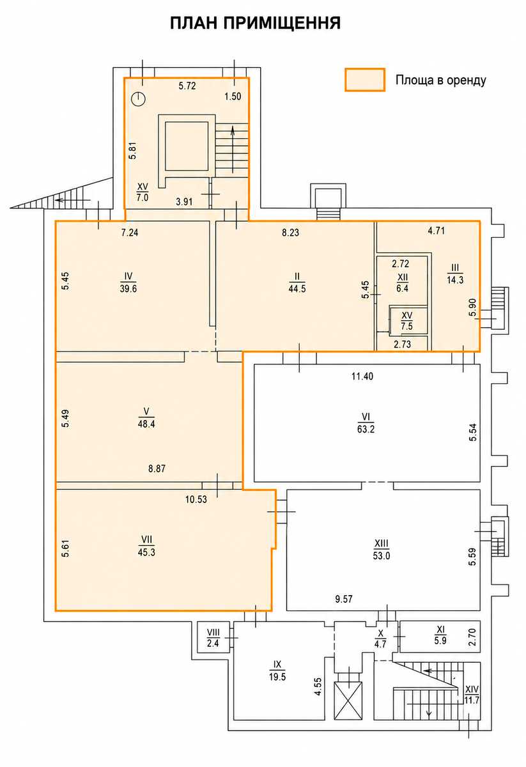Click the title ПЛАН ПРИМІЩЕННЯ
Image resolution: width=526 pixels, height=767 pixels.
pyautogui.click(x=256, y=24)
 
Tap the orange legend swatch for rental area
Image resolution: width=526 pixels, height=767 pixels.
pyautogui.click(x=365, y=80)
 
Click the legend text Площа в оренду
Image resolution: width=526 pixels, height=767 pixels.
pyautogui.click(x=441, y=80)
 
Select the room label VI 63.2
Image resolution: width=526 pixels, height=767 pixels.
pyautogui.click(x=366, y=422)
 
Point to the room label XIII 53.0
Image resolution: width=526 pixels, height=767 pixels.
pyautogui.click(x=382, y=549)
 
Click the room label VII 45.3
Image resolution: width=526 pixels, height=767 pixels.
pyautogui.click(x=146, y=546)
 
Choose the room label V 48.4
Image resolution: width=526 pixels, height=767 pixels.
pyautogui.click(x=146, y=417)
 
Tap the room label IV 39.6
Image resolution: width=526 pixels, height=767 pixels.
pyautogui.click(x=128, y=282)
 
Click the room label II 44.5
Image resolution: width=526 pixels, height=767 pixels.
pyautogui.click(x=297, y=282)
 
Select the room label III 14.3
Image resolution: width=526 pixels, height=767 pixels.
pyautogui.click(x=455, y=274)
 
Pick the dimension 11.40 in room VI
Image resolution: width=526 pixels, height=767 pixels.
pyautogui.click(x=362, y=376)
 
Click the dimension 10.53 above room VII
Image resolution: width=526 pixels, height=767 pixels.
pyautogui.click(x=196, y=499)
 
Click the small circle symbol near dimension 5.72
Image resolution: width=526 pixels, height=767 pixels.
pyautogui.click(x=139, y=99)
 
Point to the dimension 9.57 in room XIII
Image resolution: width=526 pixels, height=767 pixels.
pyautogui.click(x=343, y=599)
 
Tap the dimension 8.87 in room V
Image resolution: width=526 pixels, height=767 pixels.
pyautogui.click(x=157, y=469)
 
